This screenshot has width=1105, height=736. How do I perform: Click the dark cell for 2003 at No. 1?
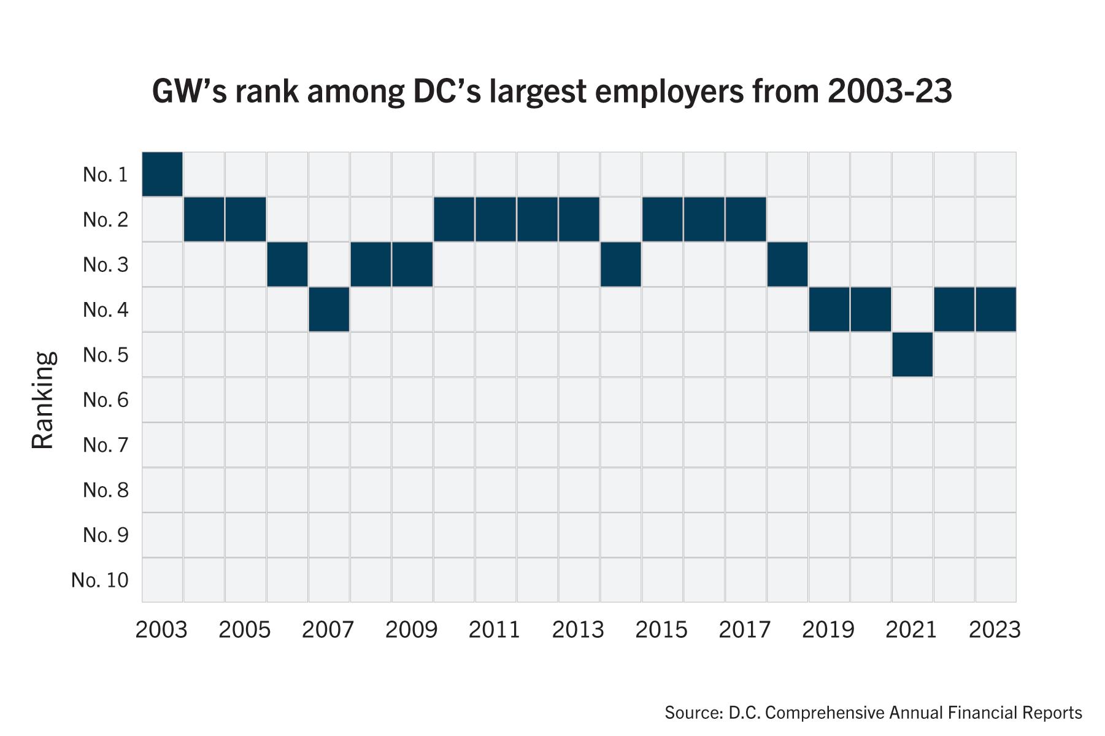[162, 174]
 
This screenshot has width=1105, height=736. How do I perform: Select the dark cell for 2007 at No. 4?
[329, 309]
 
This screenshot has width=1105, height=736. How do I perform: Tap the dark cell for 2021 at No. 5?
[912, 354]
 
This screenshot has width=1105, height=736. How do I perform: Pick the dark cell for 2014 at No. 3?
[620, 265]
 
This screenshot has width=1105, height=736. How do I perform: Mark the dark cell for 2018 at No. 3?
[787, 265]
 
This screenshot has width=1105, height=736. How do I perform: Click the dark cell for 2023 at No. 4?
[995, 309]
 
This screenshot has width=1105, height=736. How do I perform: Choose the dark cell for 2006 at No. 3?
[287, 265]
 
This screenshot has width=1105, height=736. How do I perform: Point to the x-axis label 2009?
[411, 630]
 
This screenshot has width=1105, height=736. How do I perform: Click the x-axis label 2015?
[661, 630]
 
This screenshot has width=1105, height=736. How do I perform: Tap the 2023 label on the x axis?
[995, 630]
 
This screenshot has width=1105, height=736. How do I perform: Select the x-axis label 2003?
[161, 630]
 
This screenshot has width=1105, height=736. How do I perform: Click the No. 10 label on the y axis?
[100, 580]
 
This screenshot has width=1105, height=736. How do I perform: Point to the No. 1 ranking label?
[106, 175]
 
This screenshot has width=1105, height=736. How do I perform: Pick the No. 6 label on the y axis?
[106, 400]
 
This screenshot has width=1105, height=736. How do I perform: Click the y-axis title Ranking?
[43, 400]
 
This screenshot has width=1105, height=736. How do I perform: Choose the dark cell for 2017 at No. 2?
[745, 219]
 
